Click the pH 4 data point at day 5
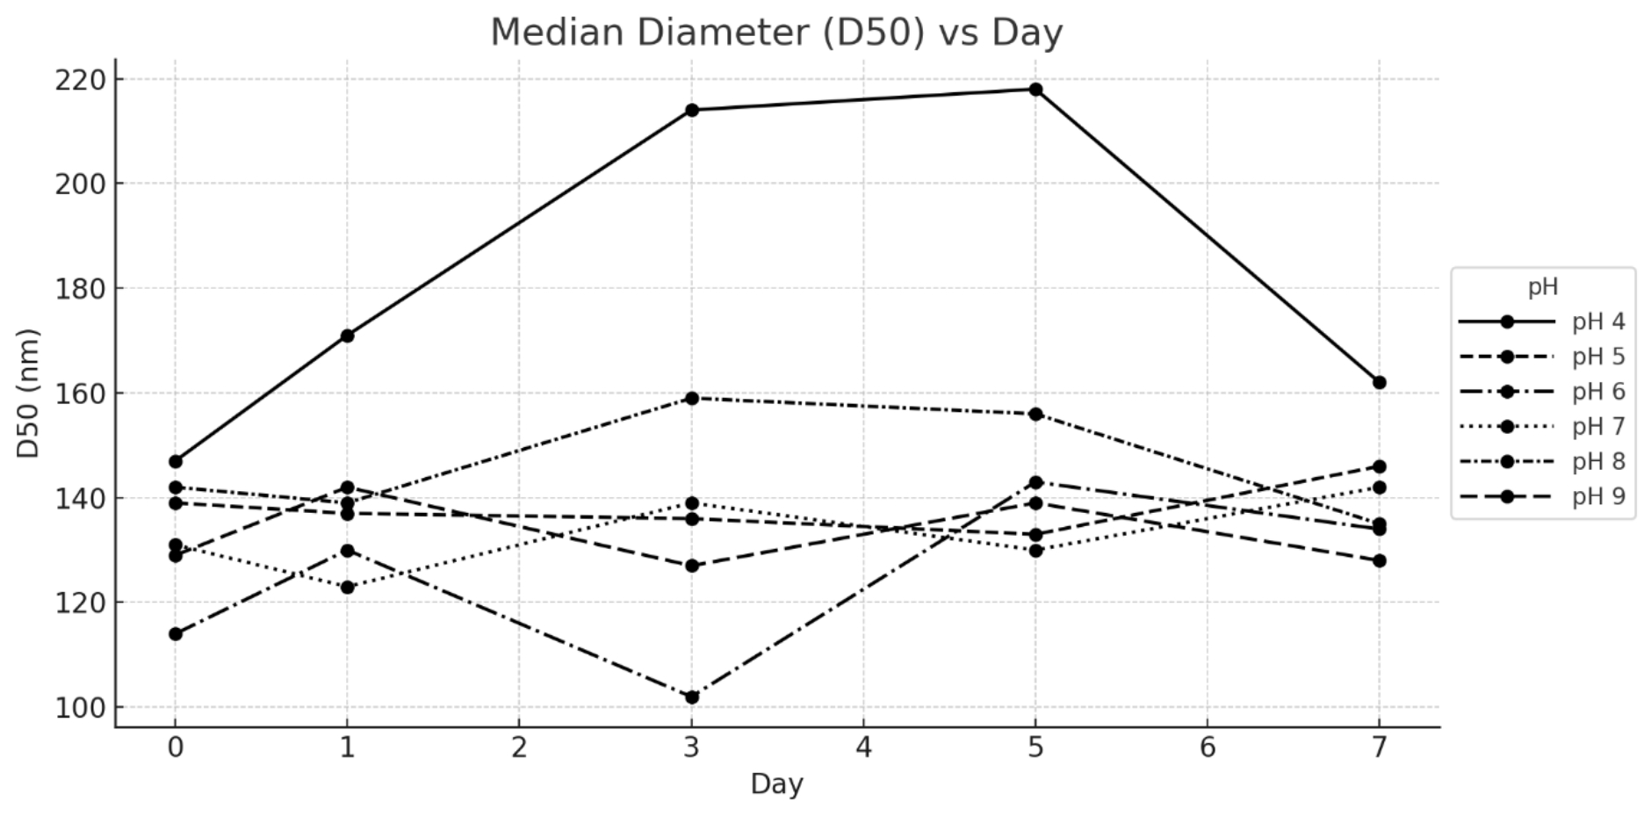1035,90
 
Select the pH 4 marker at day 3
692,110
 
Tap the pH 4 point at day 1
348,336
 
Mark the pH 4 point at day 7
1379,383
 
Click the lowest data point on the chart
692,697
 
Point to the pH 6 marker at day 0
176,634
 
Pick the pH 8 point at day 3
692,398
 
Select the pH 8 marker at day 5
1035,414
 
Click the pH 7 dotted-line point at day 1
348,587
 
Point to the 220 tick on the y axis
80,80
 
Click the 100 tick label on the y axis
80,708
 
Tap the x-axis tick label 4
863,747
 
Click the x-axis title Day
776,784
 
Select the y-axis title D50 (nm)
29,393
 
